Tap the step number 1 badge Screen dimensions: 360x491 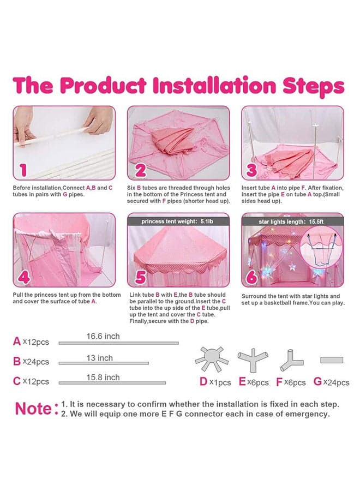(23, 170)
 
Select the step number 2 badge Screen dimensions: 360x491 (141, 170)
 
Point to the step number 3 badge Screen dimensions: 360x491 (251, 170)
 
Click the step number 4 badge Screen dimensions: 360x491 (24, 277)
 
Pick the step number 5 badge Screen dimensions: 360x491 (141, 277)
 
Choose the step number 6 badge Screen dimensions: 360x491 (251, 277)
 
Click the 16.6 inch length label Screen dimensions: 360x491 (103, 336)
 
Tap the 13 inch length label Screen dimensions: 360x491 (100, 358)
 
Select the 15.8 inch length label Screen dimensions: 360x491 (103, 378)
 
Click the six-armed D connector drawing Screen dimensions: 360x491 (211, 359)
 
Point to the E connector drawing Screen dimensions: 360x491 (253, 359)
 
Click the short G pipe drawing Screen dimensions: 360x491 (332, 360)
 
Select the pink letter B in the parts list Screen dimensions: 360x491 (17, 361)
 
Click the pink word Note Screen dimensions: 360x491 (33, 409)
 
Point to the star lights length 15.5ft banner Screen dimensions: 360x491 (292, 221)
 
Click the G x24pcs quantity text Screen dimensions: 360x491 (331, 382)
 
